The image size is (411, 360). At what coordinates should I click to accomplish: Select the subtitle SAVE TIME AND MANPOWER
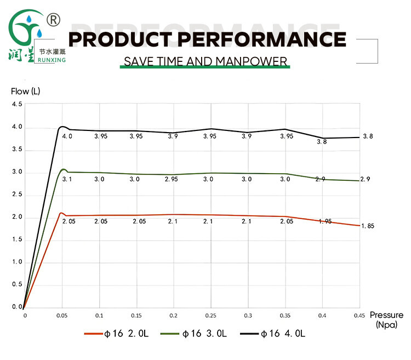click(x=206, y=61)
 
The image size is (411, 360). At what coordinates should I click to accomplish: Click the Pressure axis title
click(x=386, y=315)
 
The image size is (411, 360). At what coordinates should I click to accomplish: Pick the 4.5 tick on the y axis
click(x=17, y=105)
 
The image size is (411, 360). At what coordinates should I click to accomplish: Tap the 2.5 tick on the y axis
click(x=17, y=195)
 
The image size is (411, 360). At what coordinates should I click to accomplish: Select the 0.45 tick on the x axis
click(x=360, y=316)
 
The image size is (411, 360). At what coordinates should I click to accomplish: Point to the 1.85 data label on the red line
click(x=367, y=226)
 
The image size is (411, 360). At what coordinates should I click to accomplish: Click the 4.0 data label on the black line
click(x=67, y=136)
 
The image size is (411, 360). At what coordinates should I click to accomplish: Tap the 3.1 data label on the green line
click(x=67, y=179)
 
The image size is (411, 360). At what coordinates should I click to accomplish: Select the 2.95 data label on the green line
click(x=173, y=179)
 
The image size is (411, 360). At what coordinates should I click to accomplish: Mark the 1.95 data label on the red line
click(x=326, y=221)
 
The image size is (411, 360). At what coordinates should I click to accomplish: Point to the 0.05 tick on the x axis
click(x=62, y=316)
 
